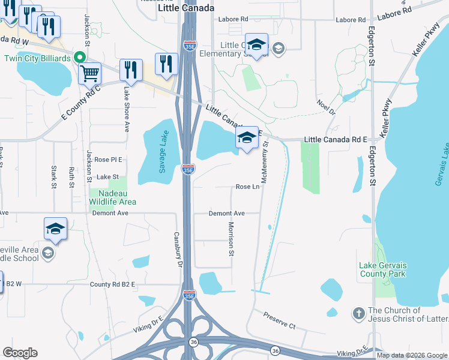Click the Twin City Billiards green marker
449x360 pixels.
(x=79, y=58)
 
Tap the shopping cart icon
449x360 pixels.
(x=89, y=73)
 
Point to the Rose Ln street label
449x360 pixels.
(x=247, y=187)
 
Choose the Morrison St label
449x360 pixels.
(x=231, y=238)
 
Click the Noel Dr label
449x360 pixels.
(x=326, y=107)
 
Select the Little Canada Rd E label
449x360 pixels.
(x=336, y=139)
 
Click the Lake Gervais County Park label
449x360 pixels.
(x=391, y=270)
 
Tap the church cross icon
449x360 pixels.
(x=358, y=313)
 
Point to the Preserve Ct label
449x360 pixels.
(x=280, y=326)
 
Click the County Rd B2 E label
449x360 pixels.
(x=112, y=284)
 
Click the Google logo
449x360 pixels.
(x=20, y=353)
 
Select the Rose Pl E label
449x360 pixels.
(x=108, y=160)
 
